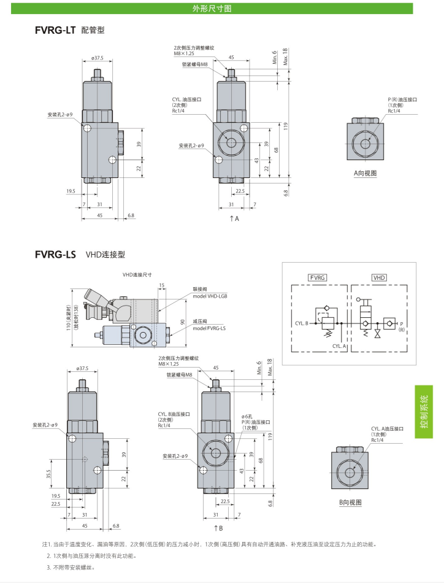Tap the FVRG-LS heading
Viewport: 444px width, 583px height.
pos(55,254)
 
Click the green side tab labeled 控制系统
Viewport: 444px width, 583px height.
pos(424,411)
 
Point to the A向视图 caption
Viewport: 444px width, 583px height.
pos(365,174)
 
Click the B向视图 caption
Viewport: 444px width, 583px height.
pos(351,503)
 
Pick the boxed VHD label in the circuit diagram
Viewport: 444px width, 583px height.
pos(380,278)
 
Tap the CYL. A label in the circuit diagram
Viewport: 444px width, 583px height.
pos(340,346)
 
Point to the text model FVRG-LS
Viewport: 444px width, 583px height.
pos(209,328)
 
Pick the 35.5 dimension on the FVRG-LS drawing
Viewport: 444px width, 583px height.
pos(48,474)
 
